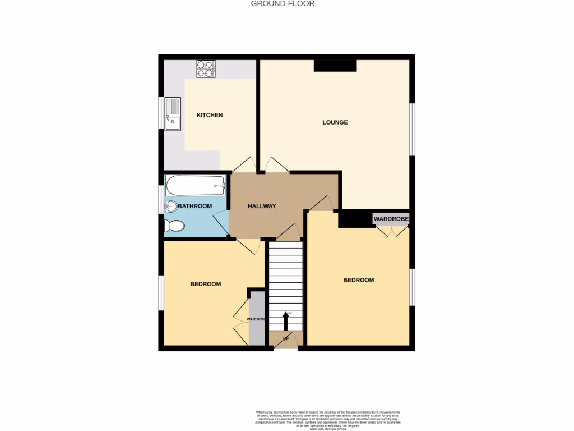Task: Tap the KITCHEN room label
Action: (209, 115)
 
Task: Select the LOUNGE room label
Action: (335, 122)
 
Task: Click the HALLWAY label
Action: (262, 206)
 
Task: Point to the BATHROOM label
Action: (195, 206)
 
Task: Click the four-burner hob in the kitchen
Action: (205, 68)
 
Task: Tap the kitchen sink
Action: (173, 114)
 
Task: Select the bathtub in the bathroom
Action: (195, 185)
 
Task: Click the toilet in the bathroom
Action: (174, 226)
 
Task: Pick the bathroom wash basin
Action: (170, 207)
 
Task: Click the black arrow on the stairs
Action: (285, 321)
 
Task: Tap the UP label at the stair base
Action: (286, 340)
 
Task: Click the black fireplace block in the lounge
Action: (335, 66)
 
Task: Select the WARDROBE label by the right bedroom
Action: (391, 218)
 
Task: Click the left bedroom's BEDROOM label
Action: (205, 284)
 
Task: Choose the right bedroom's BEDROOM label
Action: (358, 280)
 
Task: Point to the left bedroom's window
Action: (161, 292)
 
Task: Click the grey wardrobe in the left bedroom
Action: (257, 318)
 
